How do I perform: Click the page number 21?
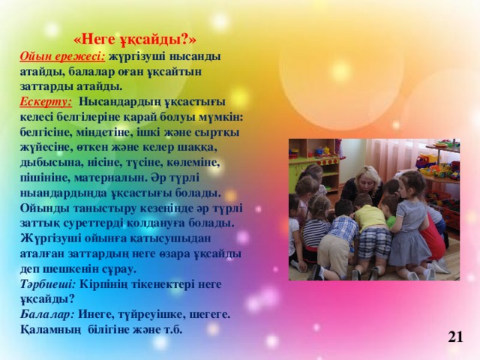[454, 337]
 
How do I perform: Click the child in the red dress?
[432, 232]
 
